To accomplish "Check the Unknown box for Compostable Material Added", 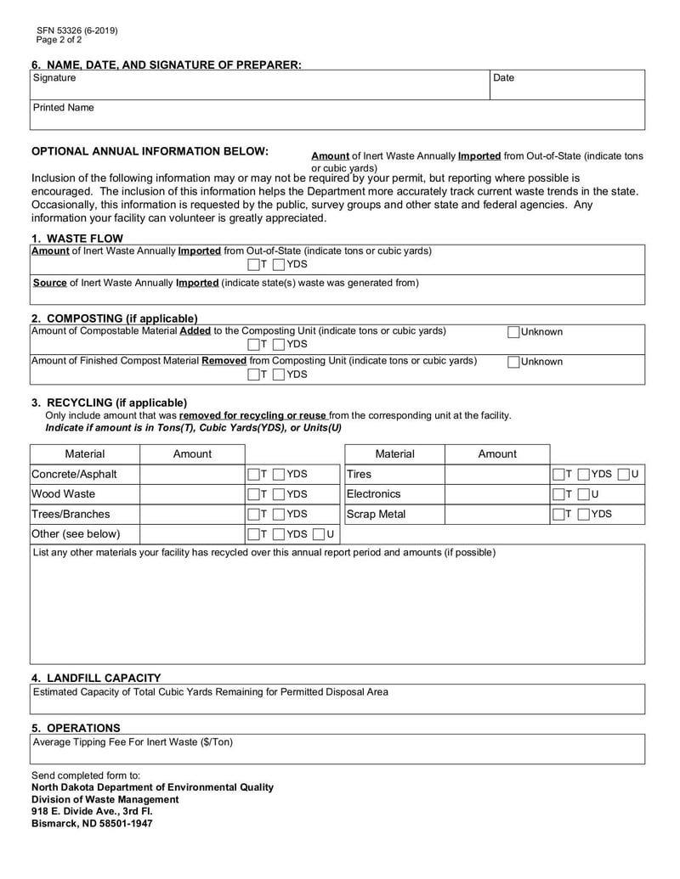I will point(513,332).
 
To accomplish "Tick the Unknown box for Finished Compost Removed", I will point(513,362).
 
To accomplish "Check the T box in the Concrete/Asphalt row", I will point(253,474).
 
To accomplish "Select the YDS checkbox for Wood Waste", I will point(280,494).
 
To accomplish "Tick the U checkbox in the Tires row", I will point(624,474).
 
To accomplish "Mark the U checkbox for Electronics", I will point(585,494).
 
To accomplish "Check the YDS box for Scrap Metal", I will point(585,514).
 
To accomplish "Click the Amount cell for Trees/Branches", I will point(192,514).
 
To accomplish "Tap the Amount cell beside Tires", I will point(497,474).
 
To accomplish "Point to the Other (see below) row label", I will point(76,534).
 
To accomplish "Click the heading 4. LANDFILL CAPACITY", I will point(96,678).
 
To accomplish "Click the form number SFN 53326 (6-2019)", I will point(77,31).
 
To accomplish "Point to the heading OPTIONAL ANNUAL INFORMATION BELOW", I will point(150,151).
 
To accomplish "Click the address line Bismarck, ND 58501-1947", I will point(92,824).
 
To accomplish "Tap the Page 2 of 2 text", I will point(59,40).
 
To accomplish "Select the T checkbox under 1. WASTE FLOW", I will point(253,264).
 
